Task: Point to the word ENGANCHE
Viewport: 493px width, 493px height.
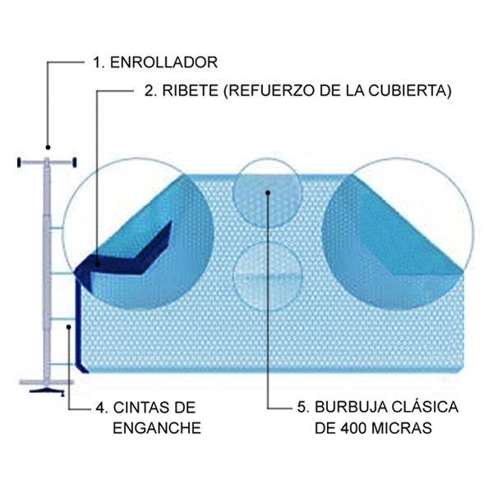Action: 155,427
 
